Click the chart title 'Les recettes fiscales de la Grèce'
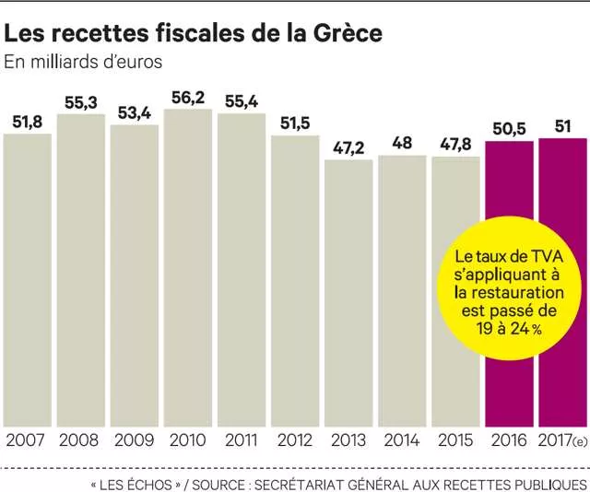(x=194, y=34)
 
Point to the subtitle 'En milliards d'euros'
(x=84, y=64)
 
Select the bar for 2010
(x=187, y=267)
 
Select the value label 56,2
(x=189, y=96)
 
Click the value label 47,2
(x=348, y=146)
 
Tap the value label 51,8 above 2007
(x=28, y=121)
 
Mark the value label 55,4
(x=241, y=100)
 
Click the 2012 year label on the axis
(x=294, y=439)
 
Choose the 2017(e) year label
(x=563, y=439)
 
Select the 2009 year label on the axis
(x=134, y=439)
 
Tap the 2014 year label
(x=401, y=439)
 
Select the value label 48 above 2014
(x=401, y=142)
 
